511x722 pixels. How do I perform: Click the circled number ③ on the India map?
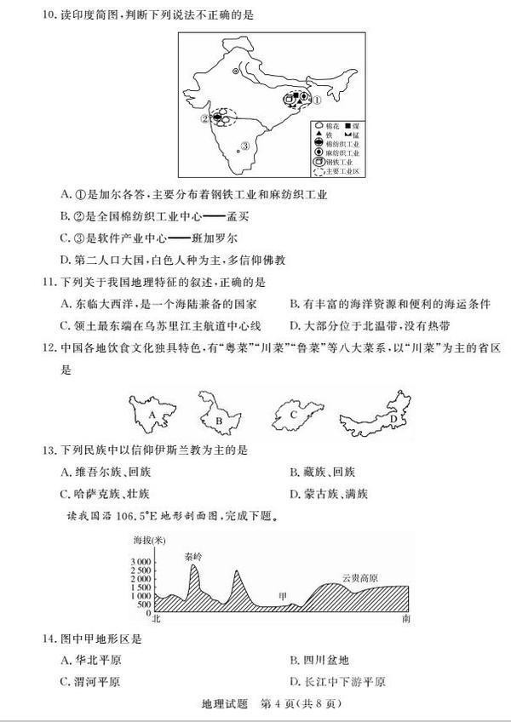[x=245, y=146]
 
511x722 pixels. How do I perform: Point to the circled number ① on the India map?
[x=316, y=100]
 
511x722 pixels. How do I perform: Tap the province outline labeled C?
[x=294, y=415]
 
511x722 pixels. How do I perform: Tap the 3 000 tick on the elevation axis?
[x=141, y=563]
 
